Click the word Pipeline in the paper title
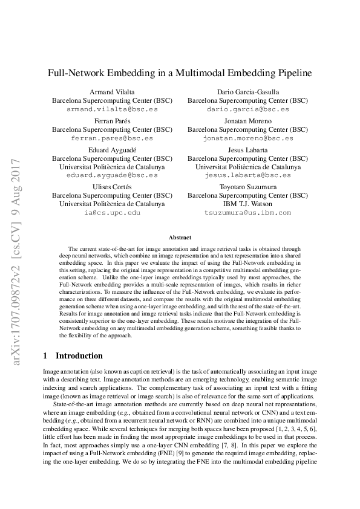(292, 73)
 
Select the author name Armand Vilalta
(112, 92)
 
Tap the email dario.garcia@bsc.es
(247, 110)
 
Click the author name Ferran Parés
(112, 121)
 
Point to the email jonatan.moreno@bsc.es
(247, 139)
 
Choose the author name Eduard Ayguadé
(112, 150)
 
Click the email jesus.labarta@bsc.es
(247, 175)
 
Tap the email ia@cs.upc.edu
(112, 213)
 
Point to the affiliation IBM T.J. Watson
(247, 204)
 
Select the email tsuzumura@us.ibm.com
(247, 213)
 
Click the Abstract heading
(180, 238)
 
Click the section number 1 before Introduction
(46, 355)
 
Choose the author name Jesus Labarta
(247, 150)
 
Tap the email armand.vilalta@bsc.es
(112, 110)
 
